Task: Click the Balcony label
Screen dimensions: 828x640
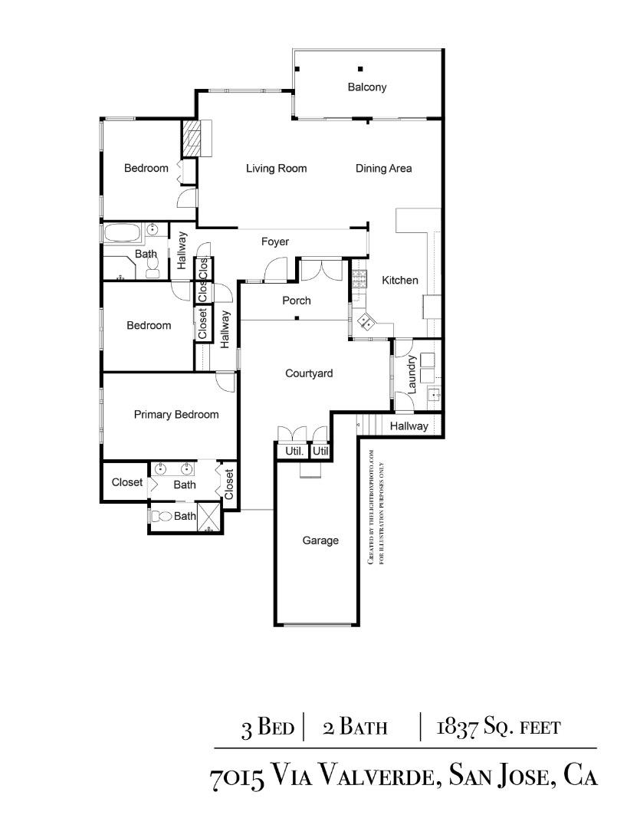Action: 367,87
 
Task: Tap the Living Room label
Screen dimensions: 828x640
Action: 276,169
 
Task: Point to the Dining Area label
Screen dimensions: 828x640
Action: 383,169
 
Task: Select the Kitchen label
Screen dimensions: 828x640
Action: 400,281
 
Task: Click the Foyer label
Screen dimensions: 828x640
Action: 275,242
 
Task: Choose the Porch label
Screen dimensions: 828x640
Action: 296,301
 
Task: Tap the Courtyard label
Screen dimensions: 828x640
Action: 309,374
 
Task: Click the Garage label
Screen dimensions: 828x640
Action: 320,540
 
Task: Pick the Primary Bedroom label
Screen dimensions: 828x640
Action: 176,415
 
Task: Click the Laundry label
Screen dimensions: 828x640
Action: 412,373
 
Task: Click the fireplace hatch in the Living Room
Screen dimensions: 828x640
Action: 196,139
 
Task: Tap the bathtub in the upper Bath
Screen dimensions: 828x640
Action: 122,232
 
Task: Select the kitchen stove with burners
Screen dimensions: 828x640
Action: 359,280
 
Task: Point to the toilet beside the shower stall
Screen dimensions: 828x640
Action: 160,517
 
